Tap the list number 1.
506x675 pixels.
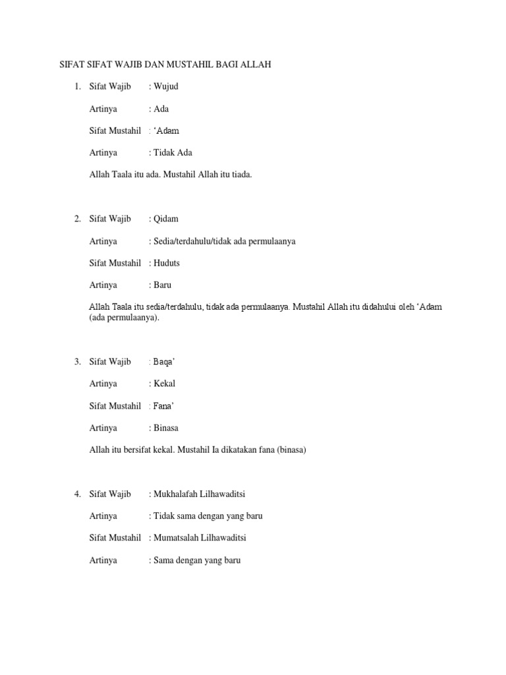point(77,86)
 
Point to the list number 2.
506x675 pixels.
point(77,219)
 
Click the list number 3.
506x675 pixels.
point(77,362)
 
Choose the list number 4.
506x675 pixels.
point(77,494)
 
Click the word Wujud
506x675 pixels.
point(166,86)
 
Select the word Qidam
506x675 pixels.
point(166,219)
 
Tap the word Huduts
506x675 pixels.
point(167,263)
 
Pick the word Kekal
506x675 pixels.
point(165,384)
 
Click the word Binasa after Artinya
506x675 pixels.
point(166,428)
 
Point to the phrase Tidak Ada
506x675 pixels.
point(173,153)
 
